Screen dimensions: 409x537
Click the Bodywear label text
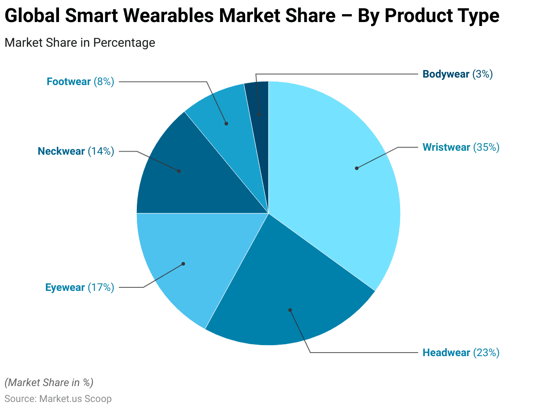coord(446,74)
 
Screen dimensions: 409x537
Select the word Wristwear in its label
coord(446,147)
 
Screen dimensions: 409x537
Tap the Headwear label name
coord(446,353)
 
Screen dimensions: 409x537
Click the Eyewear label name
coord(65,287)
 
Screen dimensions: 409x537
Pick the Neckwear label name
coord(61,151)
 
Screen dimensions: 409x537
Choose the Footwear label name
coord(69,82)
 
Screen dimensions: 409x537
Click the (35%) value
coord(486,147)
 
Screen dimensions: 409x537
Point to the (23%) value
coord(486,353)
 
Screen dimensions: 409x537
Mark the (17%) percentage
coord(101,287)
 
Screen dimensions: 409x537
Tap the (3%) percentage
coord(482,74)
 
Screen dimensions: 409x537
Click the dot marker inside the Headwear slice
coord(290,310)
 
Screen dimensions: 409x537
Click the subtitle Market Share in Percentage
coord(80,43)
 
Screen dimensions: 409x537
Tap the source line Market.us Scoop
coord(58,399)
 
